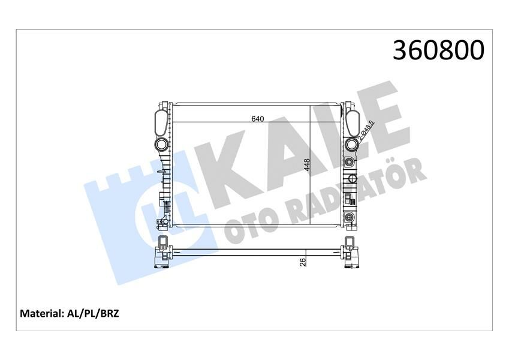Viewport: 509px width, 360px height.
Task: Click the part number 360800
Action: click(438, 50)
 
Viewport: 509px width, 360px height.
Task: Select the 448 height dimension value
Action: click(306, 165)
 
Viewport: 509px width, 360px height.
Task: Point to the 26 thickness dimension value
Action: click(303, 261)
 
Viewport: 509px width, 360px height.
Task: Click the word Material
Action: click(42, 313)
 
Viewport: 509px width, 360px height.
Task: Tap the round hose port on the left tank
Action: click(161, 145)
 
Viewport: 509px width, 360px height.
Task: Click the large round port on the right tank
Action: click(351, 144)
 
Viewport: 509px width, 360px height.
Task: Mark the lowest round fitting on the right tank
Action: click(350, 217)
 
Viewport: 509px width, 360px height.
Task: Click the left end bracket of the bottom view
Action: click(162, 253)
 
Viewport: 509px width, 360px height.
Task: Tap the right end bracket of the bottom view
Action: click(350, 253)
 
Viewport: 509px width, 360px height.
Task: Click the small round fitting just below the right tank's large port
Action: click(350, 162)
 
